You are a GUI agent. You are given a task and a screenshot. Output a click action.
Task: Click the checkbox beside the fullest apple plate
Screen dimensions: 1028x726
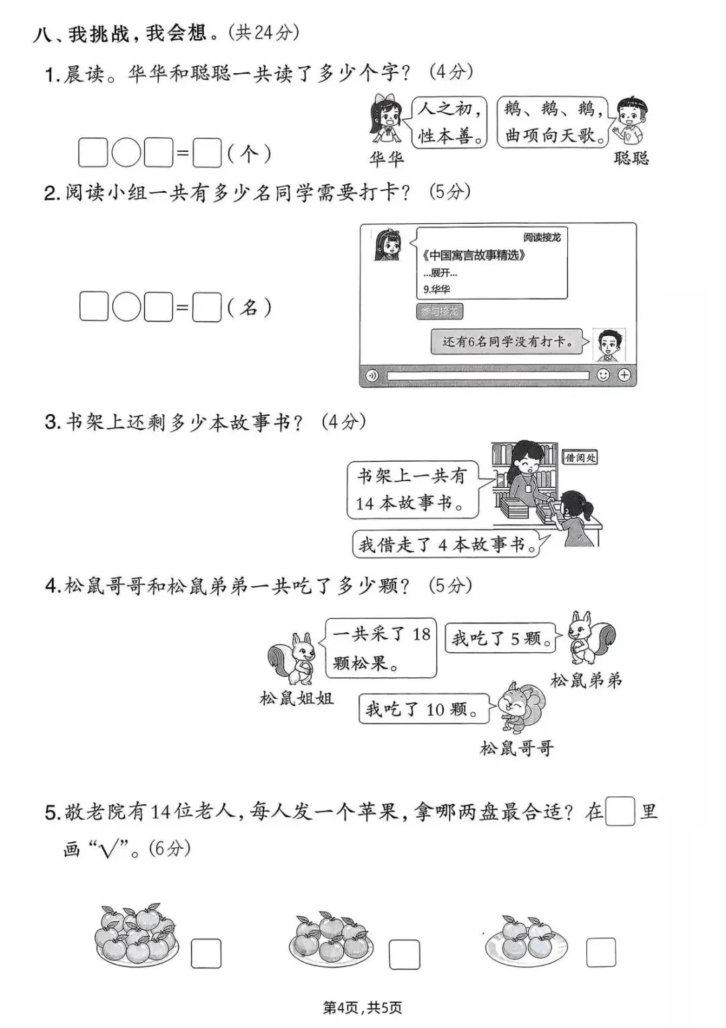[x=206, y=953]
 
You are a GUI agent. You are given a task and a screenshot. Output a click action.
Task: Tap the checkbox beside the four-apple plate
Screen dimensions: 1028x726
[x=600, y=952]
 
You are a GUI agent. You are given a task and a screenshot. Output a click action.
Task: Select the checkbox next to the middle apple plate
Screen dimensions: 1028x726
[x=404, y=954]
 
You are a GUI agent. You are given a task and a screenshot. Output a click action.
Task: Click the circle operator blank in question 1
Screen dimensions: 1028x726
[x=126, y=153]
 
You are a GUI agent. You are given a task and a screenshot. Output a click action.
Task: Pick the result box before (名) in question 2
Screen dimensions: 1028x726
[x=206, y=308]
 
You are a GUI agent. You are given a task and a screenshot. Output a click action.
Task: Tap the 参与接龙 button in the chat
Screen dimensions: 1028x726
[x=440, y=312]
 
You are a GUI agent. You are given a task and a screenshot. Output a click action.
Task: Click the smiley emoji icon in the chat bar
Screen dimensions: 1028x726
[x=603, y=375]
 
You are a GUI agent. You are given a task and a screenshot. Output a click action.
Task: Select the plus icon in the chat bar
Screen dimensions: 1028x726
[x=624, y=375]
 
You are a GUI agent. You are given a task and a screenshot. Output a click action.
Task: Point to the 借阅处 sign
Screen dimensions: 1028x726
[x=579, y=458]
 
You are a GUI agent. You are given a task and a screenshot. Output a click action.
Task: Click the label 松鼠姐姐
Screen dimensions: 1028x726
[x=296, y=699]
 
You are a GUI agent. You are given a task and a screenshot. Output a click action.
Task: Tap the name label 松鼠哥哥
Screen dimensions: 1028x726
[x=516, y=748]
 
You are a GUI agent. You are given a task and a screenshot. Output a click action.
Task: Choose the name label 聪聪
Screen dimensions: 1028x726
[x=631, y=159]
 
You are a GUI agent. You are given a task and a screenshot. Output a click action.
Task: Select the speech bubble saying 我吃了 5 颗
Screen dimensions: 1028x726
[x=501, y=638]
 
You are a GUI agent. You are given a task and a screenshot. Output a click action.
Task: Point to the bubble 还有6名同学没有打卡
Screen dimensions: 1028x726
[x=508, y=342]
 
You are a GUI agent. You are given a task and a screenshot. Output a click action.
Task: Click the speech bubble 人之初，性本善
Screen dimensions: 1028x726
[x=449, y=122]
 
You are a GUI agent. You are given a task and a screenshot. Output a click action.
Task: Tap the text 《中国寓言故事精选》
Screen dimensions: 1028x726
[x=474, y=255]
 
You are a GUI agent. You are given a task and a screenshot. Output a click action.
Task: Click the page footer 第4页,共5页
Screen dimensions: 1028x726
[x=362, y=1008]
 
